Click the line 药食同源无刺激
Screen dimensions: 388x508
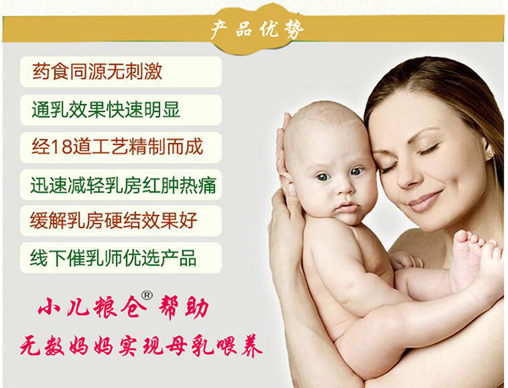pos(98,72)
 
